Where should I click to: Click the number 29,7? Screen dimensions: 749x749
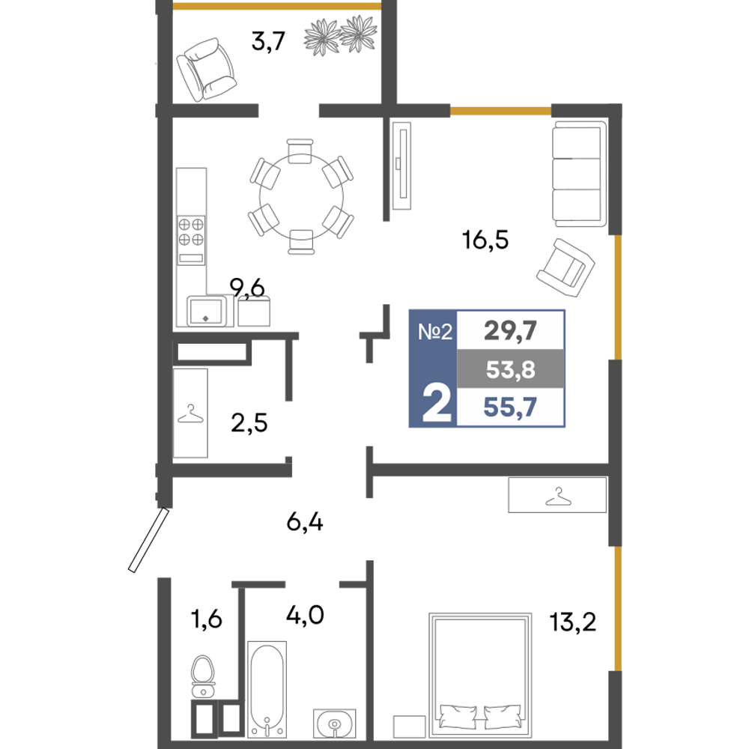pyautogui.click(x=510, y=330)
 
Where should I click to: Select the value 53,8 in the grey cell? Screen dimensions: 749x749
pyautogui.click(x=510, y=369)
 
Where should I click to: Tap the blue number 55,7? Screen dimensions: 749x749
pyautogui.click(x=510, y=408)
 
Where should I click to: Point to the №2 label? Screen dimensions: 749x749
pyautogui.click(x=435, y=330)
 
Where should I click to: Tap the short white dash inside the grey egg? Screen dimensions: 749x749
pyautogui.click(x=203, y=683)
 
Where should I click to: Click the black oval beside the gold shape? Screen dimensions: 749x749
pyautogui.click(x=573, y=614)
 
